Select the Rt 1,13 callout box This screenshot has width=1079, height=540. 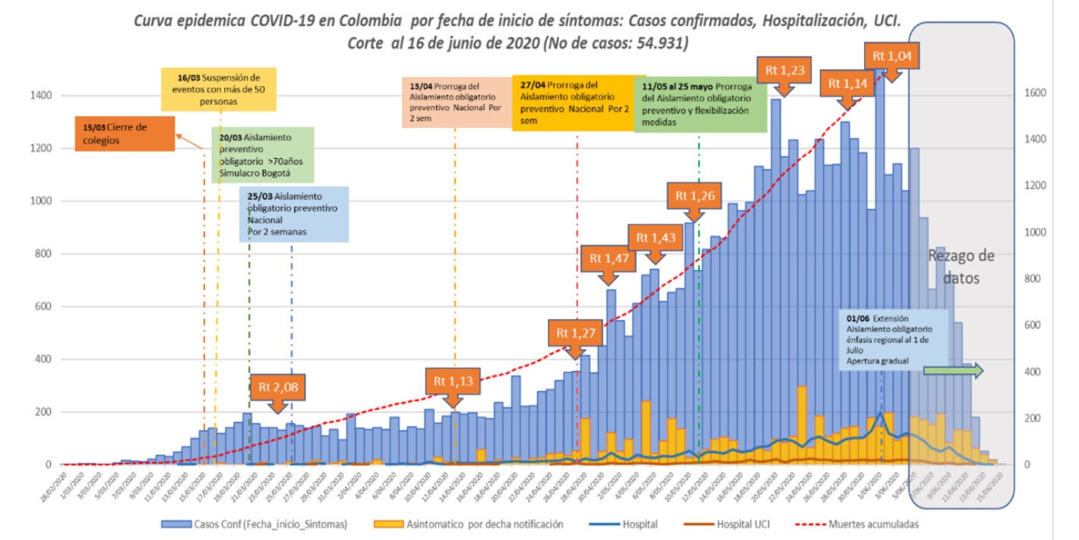click(453, 380)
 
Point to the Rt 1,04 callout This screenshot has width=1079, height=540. click(894, 56)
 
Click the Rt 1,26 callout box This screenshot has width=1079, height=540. click(693, 195)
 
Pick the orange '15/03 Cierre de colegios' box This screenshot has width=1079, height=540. click(125, 134)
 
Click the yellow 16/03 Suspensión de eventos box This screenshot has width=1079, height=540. click(219, 89)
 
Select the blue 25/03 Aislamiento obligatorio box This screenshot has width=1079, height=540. click(294, 214)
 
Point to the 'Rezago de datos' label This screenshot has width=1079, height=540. click(961, 267)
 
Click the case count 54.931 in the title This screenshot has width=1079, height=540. click(658, 43)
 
